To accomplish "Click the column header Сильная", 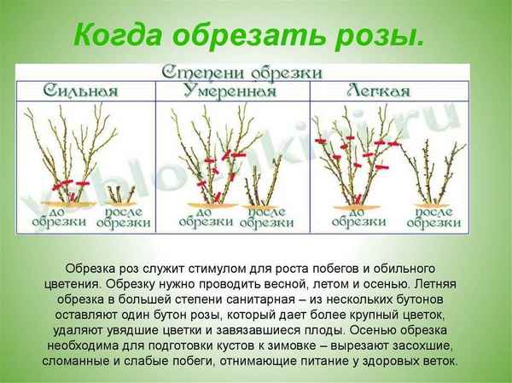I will (80, 90).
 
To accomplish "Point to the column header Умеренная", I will (230, 90).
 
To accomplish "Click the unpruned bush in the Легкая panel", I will (354, 158).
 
